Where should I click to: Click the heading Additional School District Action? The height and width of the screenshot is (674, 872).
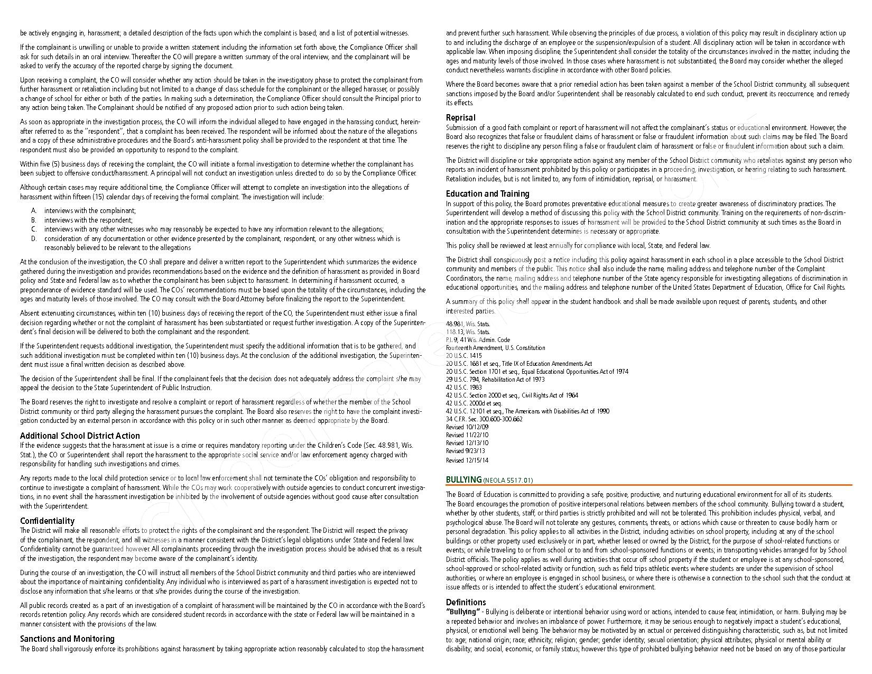pyautogui.click(x=80, y=436)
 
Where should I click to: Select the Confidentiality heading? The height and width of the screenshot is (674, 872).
pyautogui.click(x=47, y=521)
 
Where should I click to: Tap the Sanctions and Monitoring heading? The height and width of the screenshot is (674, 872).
pyautogui.click(x=67, y=639)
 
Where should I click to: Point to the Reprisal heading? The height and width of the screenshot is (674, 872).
pyautogui.click(x=460, y=117)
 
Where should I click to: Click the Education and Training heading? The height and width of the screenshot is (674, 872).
pyautogui.click(x=487, y=193)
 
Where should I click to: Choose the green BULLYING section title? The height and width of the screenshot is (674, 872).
pyautogui.click(x=463, y=480)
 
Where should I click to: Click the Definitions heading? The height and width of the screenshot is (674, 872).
pyautogui.click(x=466, y=602)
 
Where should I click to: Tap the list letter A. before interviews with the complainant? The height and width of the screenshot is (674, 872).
pyautogui.click(x=33, y=211)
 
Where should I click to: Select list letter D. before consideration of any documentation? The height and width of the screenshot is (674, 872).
pyautogui.click(x=33, y=239)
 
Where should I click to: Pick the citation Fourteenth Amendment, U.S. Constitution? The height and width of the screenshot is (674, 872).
pyautogui.click(x=495, y=348)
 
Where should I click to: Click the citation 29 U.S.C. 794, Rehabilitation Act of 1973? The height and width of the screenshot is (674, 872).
pyautogui.click(x=495, y=380)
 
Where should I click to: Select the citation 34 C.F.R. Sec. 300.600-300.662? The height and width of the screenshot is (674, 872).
pyautogui.click(x=484, y=419)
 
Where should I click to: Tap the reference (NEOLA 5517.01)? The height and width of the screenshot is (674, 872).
pyautogui.click(x=508, y=481)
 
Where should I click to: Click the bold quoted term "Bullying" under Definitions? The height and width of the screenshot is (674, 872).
pyautogui.click(x=463, y=612)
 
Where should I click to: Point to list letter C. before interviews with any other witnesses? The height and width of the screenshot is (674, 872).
pyautogui.click(x=33, y=229)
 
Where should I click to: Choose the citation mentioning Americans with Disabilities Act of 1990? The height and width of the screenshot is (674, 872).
pyautogui.click(x=527, y=411)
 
